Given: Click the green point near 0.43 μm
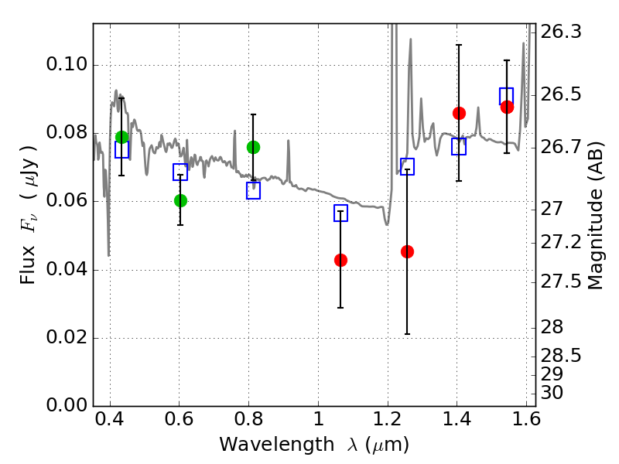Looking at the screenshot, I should click(x=121, y=137).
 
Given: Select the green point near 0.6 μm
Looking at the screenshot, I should click(x=180, y=200).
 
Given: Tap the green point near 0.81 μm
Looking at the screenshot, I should click(x=253, y=147).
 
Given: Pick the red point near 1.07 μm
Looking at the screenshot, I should click(x=340, y=260).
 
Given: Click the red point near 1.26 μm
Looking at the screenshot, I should click(x=407, y=251).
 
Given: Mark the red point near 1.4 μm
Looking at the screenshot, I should click(x=459, y=113).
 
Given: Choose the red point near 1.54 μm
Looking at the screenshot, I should click(x=507, y=107).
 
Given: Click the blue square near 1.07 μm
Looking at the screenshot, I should click(x=340, y=213).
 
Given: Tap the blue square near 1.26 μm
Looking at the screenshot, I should click(x=407, y=166).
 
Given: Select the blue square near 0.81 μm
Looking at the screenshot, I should click(x=253, y=191).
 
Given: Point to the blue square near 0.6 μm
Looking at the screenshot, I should click(x=180, y=172).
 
